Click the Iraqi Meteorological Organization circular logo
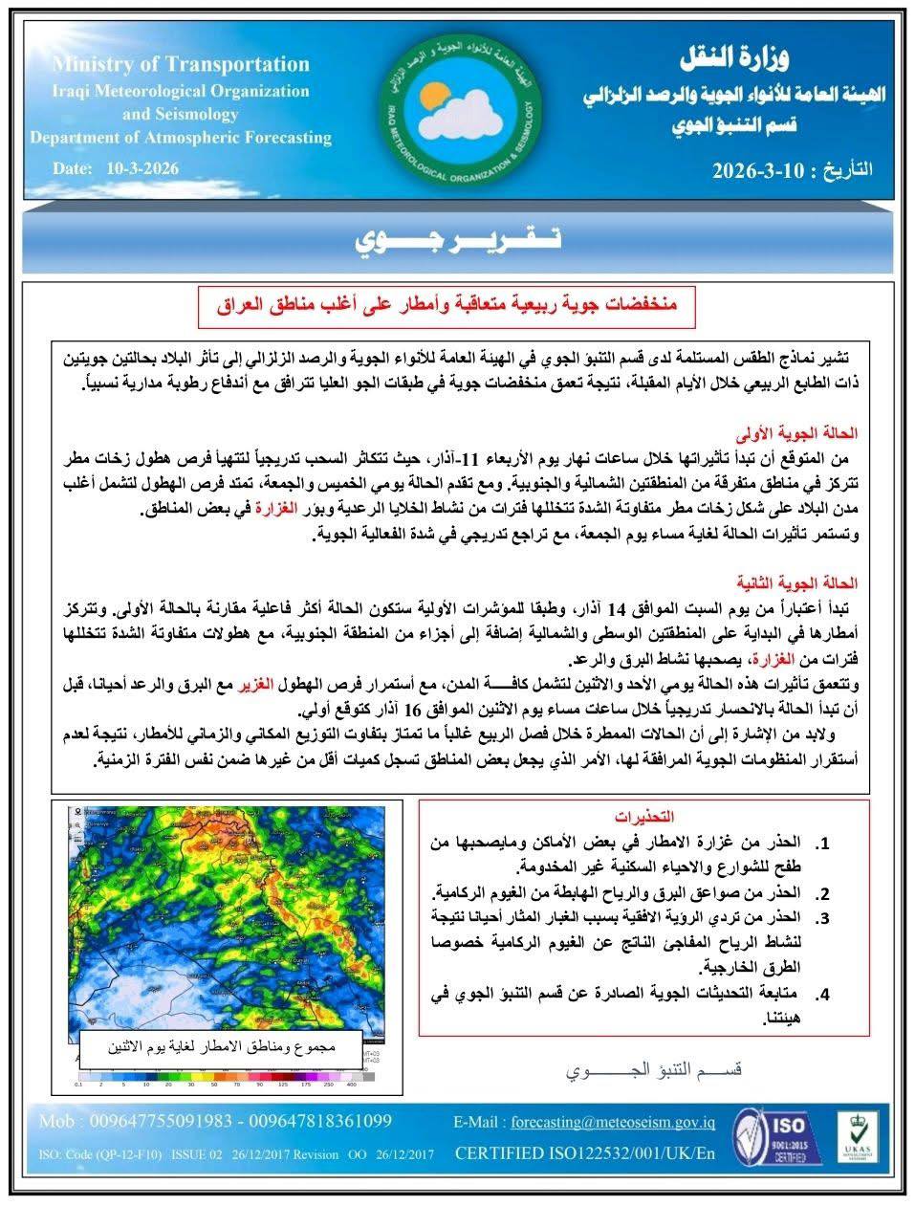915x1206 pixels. point(457,111)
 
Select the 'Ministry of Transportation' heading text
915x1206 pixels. point(182,65)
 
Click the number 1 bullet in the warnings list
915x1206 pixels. point(822,844)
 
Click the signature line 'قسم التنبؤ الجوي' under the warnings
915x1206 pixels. point(655,1068)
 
